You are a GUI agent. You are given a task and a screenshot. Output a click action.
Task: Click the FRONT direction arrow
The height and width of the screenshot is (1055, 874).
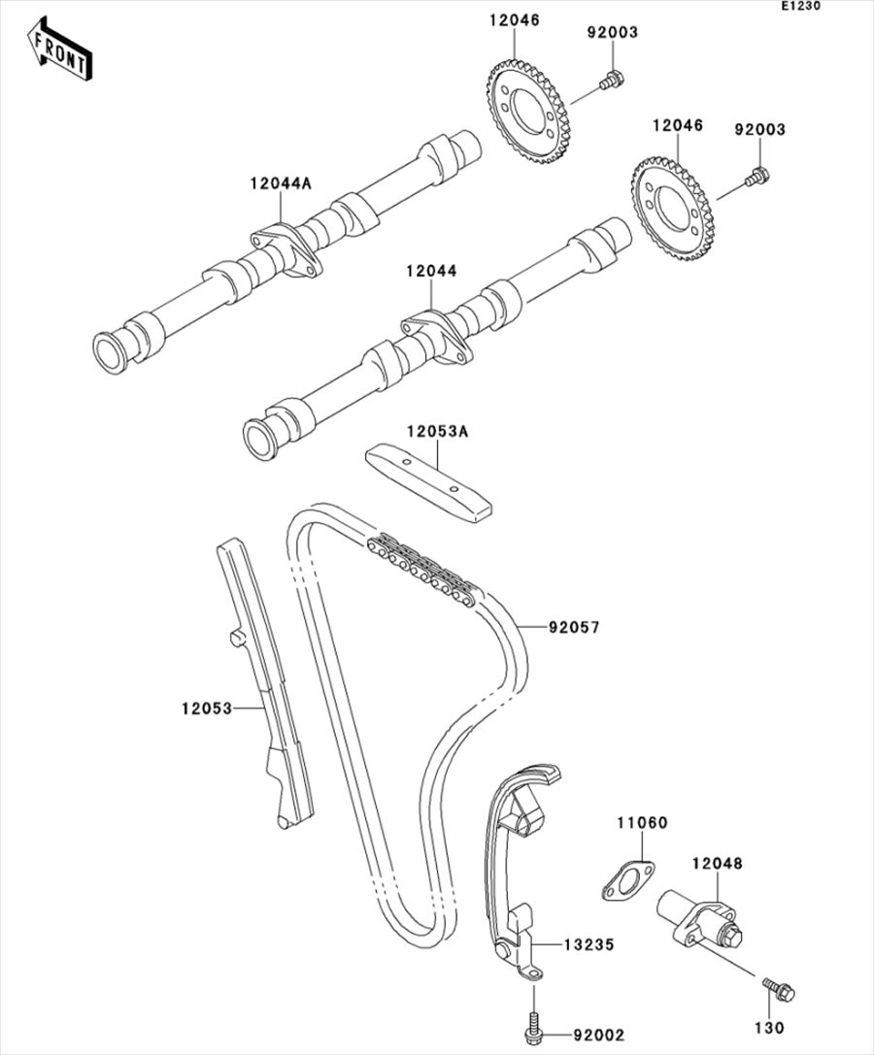[x=59, y=49]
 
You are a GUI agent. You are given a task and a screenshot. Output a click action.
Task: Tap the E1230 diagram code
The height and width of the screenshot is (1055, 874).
[x=800, y=6]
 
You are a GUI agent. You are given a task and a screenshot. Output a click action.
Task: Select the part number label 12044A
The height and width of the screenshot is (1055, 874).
[x=281, y=183]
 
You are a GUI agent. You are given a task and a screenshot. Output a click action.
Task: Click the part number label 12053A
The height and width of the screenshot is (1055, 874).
[x=436, y=431]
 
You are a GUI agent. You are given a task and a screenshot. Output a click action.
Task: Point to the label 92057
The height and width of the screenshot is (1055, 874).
[x=574, y=628]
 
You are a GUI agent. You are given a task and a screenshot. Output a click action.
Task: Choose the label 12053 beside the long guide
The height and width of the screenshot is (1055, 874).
[x=206, y=709]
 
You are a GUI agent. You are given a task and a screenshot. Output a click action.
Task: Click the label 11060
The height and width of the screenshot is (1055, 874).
[x=642, y=823]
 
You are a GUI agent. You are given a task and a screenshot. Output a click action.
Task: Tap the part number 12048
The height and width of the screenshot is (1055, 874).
[x=717, y=863]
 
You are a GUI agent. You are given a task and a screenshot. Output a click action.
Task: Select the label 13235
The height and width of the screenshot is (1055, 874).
[x=589, y=945]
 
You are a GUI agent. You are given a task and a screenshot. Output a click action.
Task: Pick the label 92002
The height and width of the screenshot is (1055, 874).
[x=598, y=1036]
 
